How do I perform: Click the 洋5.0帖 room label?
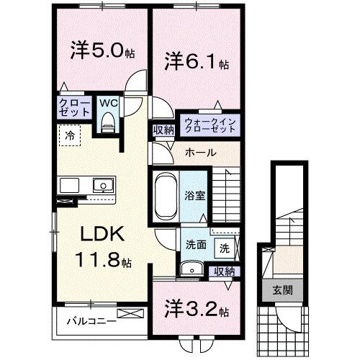[x=102, y=52]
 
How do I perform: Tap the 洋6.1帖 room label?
[x=194, y=62]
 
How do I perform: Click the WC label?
[x=109, y=103]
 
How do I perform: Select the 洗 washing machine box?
[x=225, y=248]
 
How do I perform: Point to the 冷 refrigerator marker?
[x=71, y=134]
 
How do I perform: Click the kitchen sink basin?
[x=104, y=186]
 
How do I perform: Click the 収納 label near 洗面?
[x=223, y=271]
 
